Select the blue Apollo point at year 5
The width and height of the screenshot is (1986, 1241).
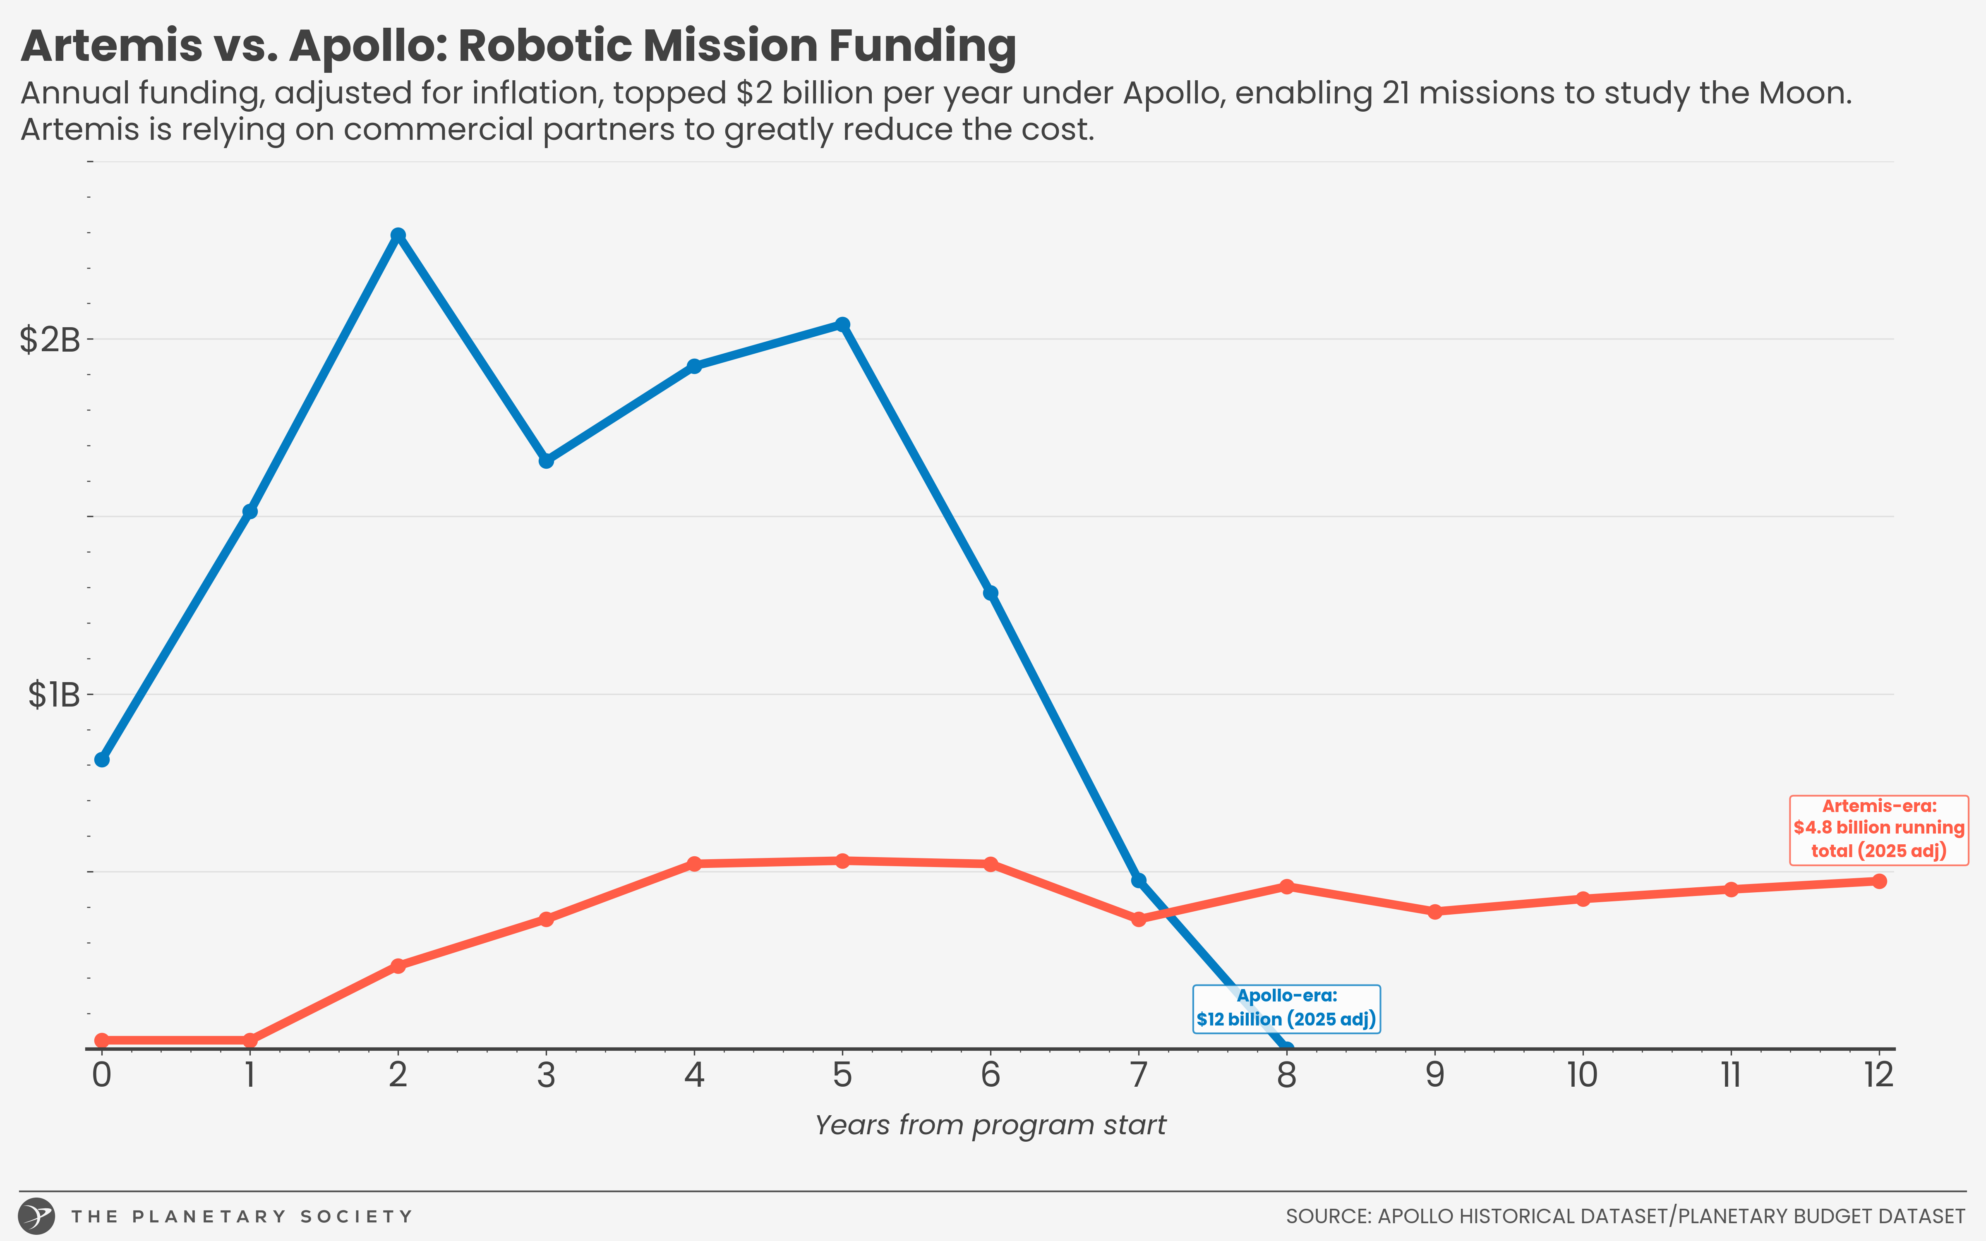tap(842, 324)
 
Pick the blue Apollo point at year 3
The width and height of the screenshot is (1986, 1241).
tap(546, 460)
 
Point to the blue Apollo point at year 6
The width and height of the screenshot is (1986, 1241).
tap(991, 593)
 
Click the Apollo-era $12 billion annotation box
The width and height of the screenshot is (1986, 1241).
tap(1286, 1009)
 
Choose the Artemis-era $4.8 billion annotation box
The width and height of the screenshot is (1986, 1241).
tap(1878, 829)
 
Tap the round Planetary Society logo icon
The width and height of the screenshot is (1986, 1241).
tap(37, 1215)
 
